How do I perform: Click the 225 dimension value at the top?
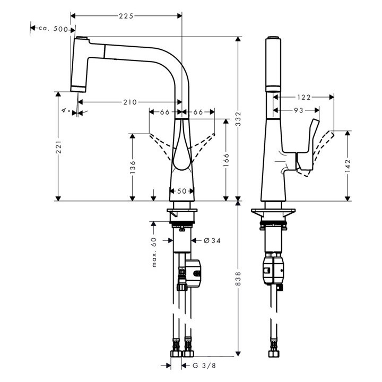126,16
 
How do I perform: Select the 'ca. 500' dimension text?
53,29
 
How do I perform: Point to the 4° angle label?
66,110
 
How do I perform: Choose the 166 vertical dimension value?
227,161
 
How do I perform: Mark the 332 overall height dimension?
239,118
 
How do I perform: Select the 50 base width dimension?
182,191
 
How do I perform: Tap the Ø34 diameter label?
212,240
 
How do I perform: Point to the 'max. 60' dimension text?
154,252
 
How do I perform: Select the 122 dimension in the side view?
303,97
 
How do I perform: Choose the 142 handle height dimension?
348,163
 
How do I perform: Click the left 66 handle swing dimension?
164,112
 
